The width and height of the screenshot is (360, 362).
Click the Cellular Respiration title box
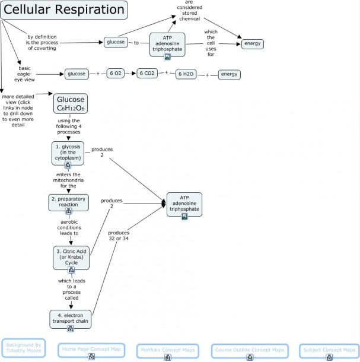click(64, 10)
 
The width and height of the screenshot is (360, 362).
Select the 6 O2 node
click(116, 74)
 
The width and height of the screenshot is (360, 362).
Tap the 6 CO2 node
click(147, 73)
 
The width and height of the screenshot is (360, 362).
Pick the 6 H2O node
click(186, 74)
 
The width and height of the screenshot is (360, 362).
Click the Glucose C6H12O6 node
click(71, 104)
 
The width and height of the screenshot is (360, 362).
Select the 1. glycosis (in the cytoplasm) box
click(68, 153)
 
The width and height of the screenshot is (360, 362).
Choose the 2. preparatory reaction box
click(69, 202)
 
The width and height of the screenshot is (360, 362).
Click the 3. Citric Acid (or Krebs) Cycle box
click(71, 258)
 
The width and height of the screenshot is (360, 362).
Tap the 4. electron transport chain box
click(71, 319)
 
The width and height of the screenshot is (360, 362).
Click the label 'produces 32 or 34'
click(119, 236)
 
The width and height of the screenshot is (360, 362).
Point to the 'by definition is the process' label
click(42, 43)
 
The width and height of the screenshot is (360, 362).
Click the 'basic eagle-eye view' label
click(24, 74)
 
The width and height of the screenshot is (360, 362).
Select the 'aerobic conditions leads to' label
click(69, 227)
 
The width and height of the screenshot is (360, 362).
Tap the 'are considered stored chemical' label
click(189, 11)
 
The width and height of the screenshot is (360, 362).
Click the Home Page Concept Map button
click(91, 350)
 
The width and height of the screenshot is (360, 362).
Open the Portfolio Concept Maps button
click(168, 351)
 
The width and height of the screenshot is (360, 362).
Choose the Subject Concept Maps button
click(329, 351)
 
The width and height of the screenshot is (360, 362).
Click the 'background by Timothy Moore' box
click(24, 348)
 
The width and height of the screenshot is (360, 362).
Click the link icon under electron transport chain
click(71, 328)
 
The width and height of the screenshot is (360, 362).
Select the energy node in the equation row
click(229, 75)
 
